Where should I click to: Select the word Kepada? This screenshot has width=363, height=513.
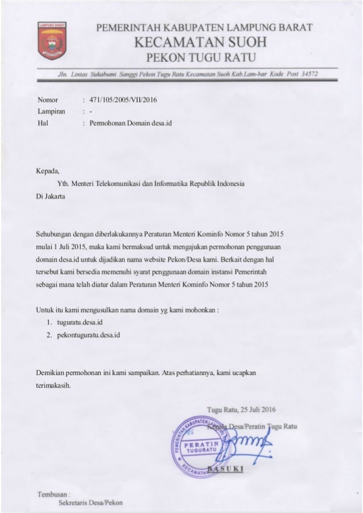click(x=48, y=170)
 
